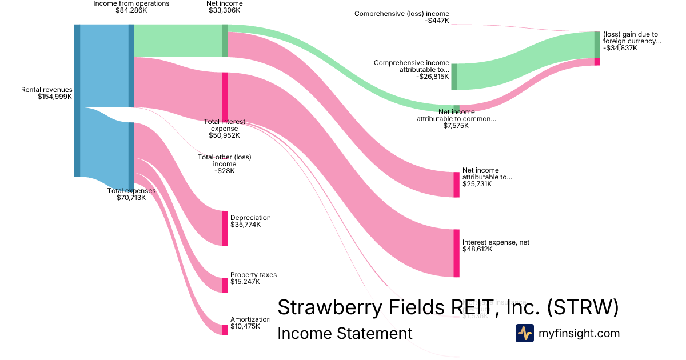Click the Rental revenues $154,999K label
pos(47,93)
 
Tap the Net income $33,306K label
pos(224,7)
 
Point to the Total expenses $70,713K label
pos(131,194)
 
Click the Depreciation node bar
pos(225,228)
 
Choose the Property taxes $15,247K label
pos(253,278)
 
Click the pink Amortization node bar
pos(225,330)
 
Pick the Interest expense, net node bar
pos(456,253)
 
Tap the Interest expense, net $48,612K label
pos(496,246)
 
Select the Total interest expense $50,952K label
pos(225,129)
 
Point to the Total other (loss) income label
pos(225,163)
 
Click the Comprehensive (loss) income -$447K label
pos(402,17)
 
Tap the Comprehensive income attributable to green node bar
pos(454,77)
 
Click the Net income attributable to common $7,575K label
pos(456,118)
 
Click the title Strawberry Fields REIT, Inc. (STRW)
pos(448,307)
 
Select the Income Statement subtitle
pos(345,333)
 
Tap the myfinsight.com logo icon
pos(525,333)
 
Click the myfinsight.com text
pos(579,333)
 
